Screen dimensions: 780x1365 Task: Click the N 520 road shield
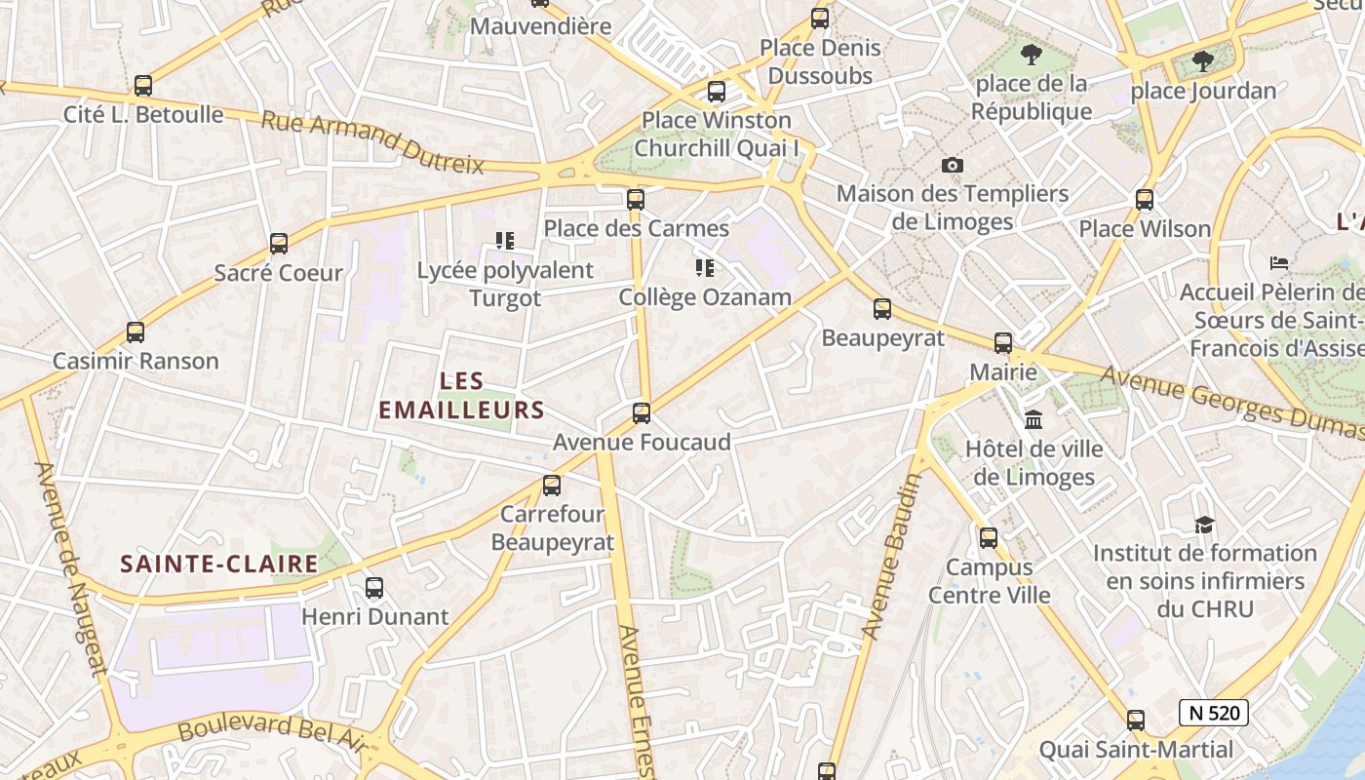click(x=1214, y=713)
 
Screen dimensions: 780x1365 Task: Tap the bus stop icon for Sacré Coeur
click(x=279, y=244)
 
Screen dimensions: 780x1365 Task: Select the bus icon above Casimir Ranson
click(x=136, y=332)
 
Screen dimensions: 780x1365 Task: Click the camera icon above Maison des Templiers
click(x=953, y=165)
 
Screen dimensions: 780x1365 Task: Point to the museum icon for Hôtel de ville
click(x=1033, y=420)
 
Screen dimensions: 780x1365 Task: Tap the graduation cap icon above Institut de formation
click(x=1204, y=525)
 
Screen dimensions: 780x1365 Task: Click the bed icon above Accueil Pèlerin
click(x=1279, y=263)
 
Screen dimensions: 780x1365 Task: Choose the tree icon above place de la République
click(x=1031, y=55)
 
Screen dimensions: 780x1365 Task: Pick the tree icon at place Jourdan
click(x=1203, y=61)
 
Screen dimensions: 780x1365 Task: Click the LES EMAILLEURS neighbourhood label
click(x=461, y=395)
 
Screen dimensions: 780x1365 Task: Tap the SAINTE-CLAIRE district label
click(x=219, y=564)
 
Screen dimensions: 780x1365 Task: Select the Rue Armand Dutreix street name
click(x=372, y=142)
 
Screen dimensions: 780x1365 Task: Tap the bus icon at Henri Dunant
click(x=374, y=588)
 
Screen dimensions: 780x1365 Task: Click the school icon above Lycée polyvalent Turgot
click(x=504, y=240)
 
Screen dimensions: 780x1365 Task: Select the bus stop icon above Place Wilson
click(x=1145, y=200)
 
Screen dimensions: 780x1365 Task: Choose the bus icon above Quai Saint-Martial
click(x=1136, y=721)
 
